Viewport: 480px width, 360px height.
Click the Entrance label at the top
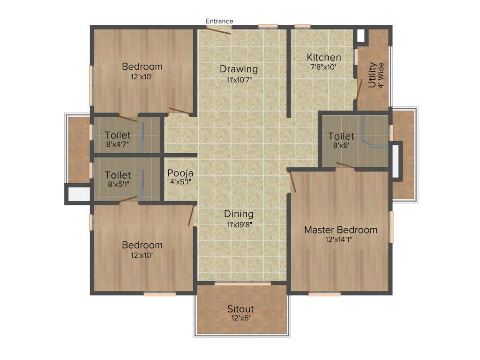click(219, 21)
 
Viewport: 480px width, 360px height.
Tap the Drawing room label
click(239, 69)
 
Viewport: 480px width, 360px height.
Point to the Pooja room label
click(180, 172)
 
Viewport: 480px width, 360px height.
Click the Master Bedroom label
click(340, 230)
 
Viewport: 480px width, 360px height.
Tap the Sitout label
click(240, 309)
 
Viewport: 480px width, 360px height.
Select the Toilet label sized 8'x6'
click(341, 136)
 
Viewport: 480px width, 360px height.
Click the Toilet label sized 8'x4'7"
click(117, 135)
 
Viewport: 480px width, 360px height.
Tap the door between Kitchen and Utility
click(359, 89)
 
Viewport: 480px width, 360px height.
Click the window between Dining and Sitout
click(242, 284)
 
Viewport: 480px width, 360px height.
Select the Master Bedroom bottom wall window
click(324, 294)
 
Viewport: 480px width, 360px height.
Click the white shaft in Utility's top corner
click(360, 37)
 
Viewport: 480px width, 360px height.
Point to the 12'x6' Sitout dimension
click(240, 318)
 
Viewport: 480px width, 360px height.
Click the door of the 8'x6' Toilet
click(345, 165)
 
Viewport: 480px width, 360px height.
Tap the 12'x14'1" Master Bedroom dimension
click(341, 240)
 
